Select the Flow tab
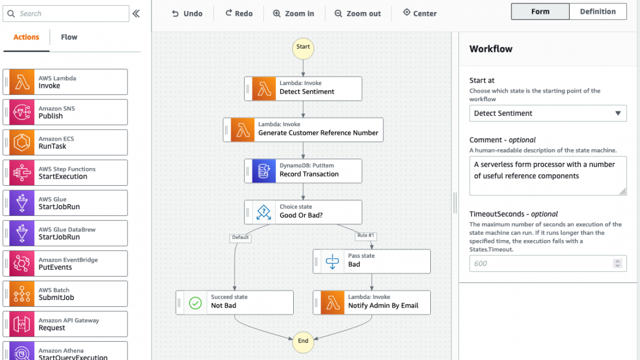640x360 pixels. click(x=69, y=37)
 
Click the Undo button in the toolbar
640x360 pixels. click(x=187, y=14)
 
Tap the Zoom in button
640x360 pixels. click(x=293, y=14)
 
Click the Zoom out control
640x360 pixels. click(x=358, y=14)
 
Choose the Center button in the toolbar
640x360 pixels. click(x=419, y=14)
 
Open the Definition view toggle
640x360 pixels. click(x=598, y=11)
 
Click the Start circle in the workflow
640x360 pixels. click(x=303, y=47)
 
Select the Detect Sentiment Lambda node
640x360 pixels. click(x=303, y=89)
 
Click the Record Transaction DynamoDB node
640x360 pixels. click(x=303, y=171)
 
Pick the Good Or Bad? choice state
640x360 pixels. click(x=303, y=212)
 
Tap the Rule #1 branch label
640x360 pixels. click(x=366, y=236)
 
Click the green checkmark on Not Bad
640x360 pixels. click(x=195, y=303)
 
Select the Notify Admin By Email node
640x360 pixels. click(x=371, y=303)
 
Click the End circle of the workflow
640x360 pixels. click(x=303, y=341)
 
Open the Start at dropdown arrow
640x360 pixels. click(x=618, y=113)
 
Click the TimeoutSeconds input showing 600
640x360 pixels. click(x=540, y=263)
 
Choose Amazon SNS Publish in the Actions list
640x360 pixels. click(x=65, y=113)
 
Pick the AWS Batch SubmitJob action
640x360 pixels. click(x=65, y=294)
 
